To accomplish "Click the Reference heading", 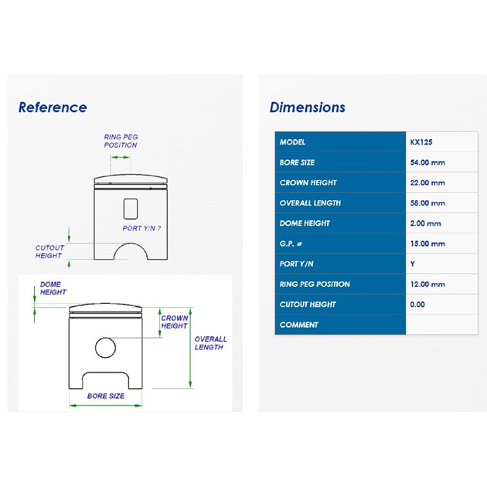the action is [53, 107].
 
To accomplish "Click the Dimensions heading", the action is [308, 107].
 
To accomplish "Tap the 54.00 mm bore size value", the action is [427, 162].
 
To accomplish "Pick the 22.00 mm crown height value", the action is [427, 182].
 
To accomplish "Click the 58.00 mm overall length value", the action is [427, 203].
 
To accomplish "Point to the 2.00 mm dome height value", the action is [425, 223].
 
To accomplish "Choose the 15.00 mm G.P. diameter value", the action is [427, 243].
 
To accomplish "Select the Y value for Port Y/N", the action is [413, 264].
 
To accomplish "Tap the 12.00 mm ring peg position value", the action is [427, 284].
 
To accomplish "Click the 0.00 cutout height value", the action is [417, 305].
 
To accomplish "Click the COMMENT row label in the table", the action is [299, 325].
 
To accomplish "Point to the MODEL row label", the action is [292, 142].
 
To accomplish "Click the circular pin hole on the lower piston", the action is [106, 338].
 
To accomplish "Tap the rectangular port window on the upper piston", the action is [131, 199].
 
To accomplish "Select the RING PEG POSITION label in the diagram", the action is [121, 141].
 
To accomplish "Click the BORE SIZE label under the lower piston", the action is [106, 396].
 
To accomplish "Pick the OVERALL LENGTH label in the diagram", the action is [210, 343].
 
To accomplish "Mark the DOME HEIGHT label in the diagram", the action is [53, 288].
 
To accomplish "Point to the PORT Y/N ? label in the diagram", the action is [141, 228].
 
